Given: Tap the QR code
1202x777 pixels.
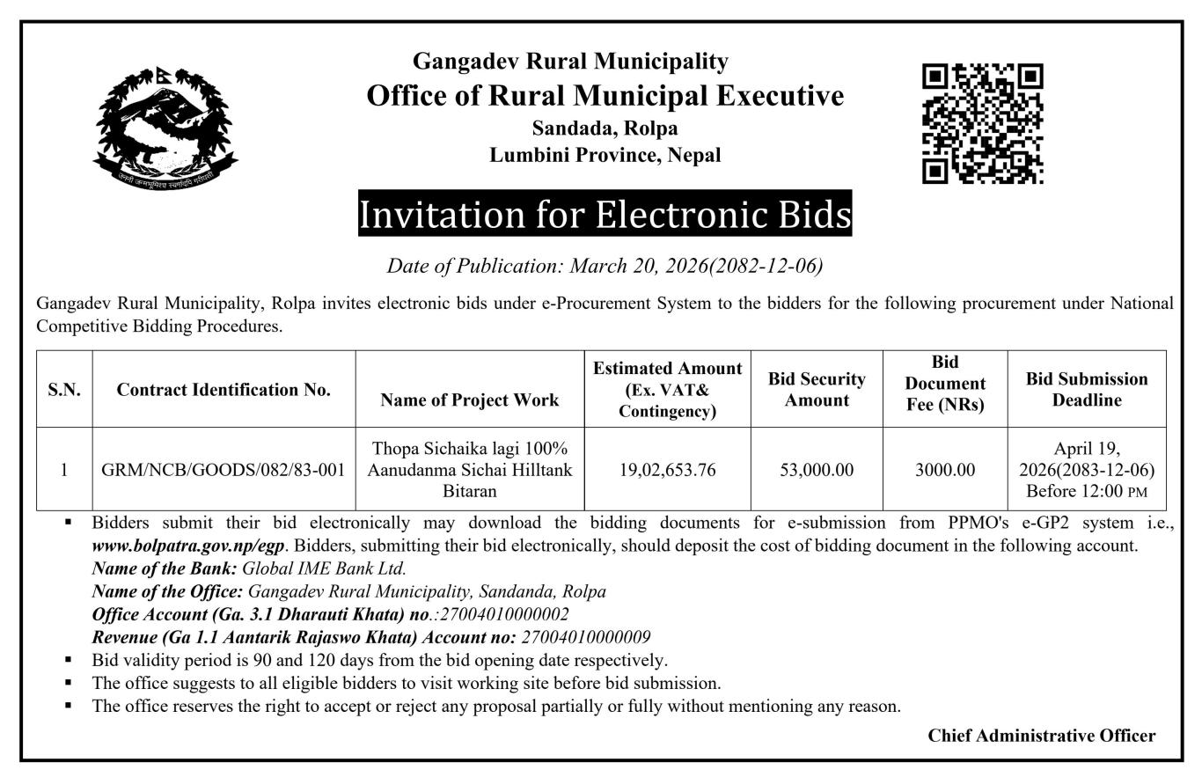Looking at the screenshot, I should [x=982, y=123].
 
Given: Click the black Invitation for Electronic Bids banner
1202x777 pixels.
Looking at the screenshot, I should [x=605, y=215].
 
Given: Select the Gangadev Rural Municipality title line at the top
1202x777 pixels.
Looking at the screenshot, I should [x=570, y=61].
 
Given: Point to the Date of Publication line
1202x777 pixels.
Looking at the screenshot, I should [x=605, y=266].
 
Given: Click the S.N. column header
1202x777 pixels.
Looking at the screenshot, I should [x=64, y=390].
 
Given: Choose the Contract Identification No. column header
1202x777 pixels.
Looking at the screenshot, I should [x=224, y=390].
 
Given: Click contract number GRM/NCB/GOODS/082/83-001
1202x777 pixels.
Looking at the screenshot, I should [x=224, y=470].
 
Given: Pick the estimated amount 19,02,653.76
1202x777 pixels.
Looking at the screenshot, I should [x=667, y=470].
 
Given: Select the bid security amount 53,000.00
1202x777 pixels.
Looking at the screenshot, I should [x=817, y=470].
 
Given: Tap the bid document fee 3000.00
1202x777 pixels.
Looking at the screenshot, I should [x=945, y=470].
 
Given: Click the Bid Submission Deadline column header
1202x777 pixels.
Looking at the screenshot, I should [x=1087, y=390].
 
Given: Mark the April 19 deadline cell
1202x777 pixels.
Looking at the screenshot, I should [x=1087, y=470].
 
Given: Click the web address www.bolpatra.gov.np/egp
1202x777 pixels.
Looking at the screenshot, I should [x=187, y=546].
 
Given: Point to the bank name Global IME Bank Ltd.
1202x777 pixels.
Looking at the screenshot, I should [x=324, y=568].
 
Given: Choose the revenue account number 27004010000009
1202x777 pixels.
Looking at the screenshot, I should [x=586, y=637].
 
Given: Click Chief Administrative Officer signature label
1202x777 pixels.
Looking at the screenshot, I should [x=1041, y=736].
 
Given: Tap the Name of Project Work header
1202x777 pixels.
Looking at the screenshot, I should [x=470, y=400].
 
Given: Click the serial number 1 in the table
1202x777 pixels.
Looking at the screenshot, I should [x=64, y=470].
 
